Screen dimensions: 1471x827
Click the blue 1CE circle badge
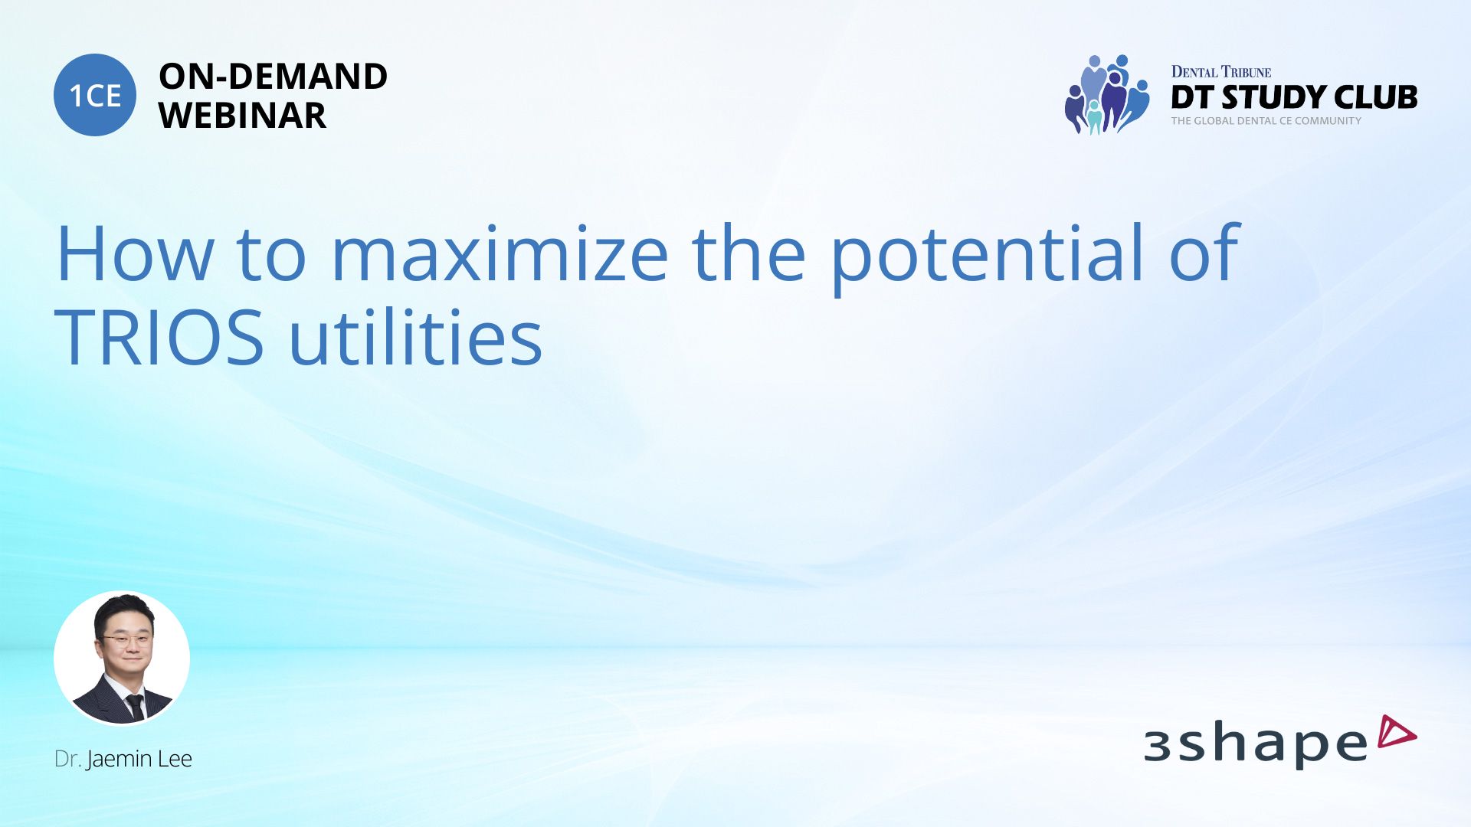click(x=95, y=95)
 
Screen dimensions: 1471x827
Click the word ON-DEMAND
click(x=273, y=77)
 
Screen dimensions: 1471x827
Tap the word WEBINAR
click(x=242, y=116)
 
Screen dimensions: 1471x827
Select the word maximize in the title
click(x=500, y=253)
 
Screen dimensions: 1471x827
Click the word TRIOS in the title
click(x=159, y=337)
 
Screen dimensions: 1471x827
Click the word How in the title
click(x=135, y=253)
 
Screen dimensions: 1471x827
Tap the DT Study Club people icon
click(x=1106, y=94)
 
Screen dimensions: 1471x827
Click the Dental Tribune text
click(x=1221, y=72)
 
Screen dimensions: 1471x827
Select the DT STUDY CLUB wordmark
click(x=1294, y=97)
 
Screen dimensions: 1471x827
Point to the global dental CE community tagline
click(x=1266, y=121)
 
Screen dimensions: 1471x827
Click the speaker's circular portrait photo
click(x=122, y=658)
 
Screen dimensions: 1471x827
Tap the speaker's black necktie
click(x=135, y=707)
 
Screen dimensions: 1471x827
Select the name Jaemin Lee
click(x=139, y=759)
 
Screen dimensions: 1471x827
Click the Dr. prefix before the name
click(x=67, y=759)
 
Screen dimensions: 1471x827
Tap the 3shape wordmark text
click(x=1256, y=744)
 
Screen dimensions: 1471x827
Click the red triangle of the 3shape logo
click(x=1397, y=731)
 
